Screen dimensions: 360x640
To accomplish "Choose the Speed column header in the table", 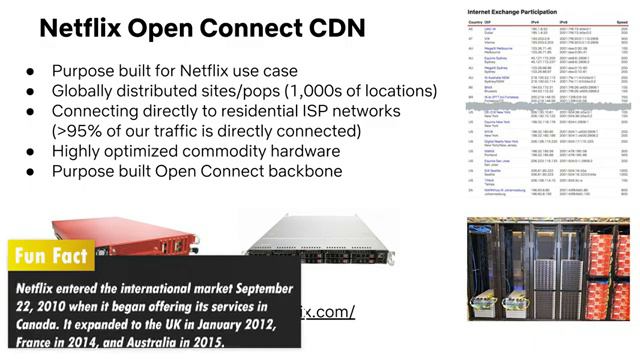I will [x=623, y=22].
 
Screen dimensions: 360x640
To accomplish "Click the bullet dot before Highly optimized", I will [x=32, y=151].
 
